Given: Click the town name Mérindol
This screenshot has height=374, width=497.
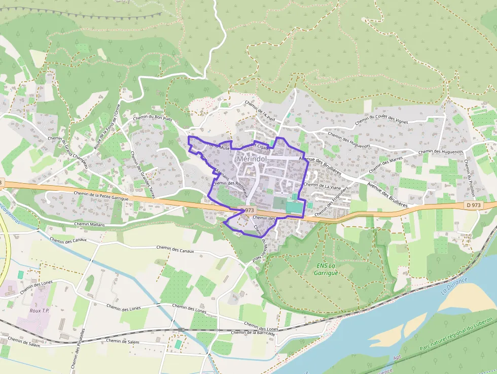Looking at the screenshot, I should pyautogui.click(x=252, y=159).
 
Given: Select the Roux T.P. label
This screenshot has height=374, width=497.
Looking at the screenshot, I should pyautogui.click(x=41, y=310).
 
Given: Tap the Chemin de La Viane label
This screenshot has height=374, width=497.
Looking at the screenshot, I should pyautogui.click(x=323, y=185).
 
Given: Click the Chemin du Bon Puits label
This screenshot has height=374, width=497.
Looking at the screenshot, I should pyautogui.click(x=153, y=118).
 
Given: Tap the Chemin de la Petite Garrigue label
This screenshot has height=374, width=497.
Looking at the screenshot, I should pyautogui.click(x=101, y=196).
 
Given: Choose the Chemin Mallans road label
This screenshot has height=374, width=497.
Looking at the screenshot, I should pyautogui.click(x=89, y=224).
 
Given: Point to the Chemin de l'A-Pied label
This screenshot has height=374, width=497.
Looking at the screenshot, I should pyautogui.click(x=260, y=111).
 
